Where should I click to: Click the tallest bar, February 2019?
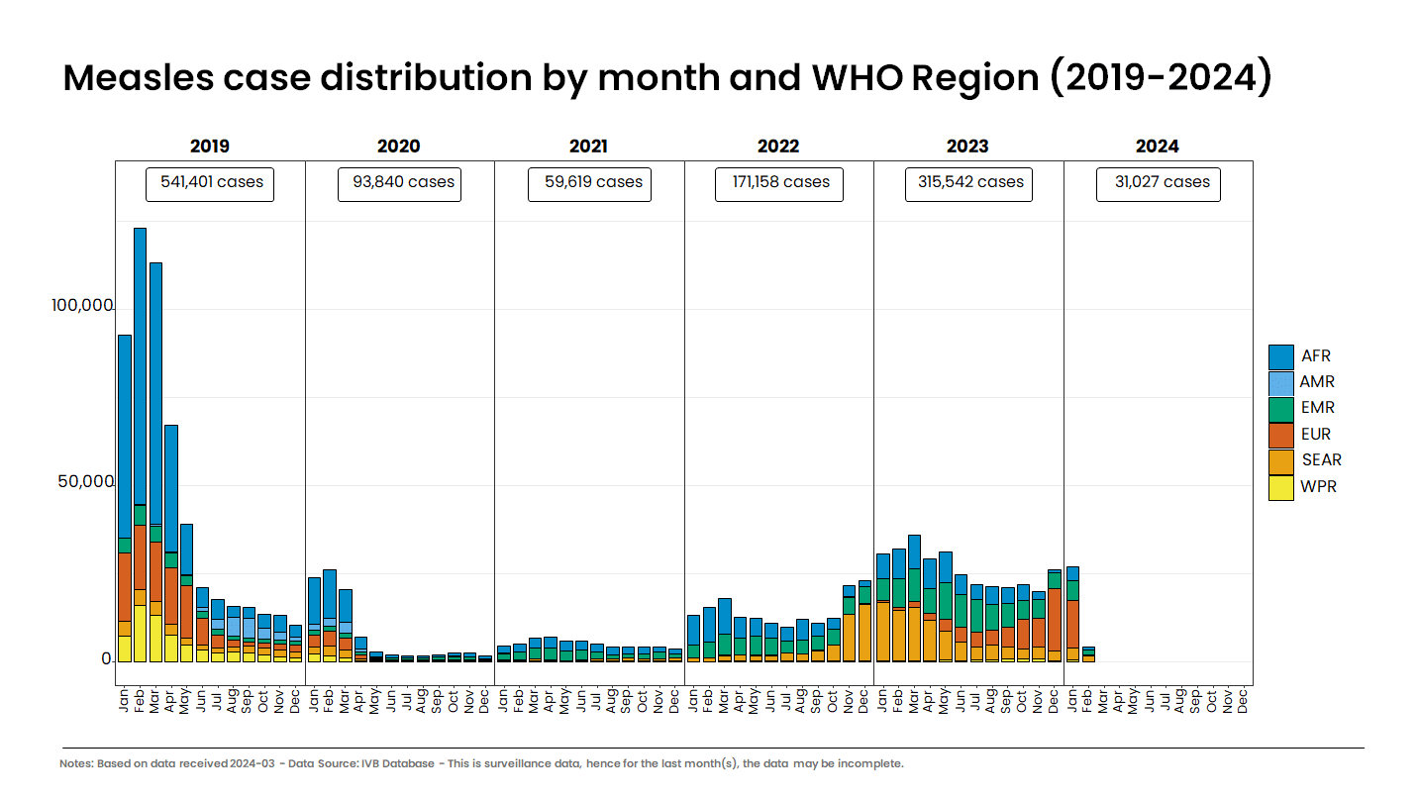(140, 396)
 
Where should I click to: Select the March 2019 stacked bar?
(155, 416)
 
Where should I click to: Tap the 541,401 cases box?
(210, 183)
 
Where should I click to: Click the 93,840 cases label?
(399, 183)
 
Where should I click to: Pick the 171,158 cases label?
(779, 183)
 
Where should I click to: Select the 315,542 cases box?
(968, 183)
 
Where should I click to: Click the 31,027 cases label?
(1159, 183)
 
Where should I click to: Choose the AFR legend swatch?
(1280, 356)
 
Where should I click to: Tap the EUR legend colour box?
(1280, 435)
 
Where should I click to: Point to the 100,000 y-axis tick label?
(81, 306)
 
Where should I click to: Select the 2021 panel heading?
(588, 147)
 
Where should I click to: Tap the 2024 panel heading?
(1157, 147)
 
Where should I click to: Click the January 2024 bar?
(1072, 614)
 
